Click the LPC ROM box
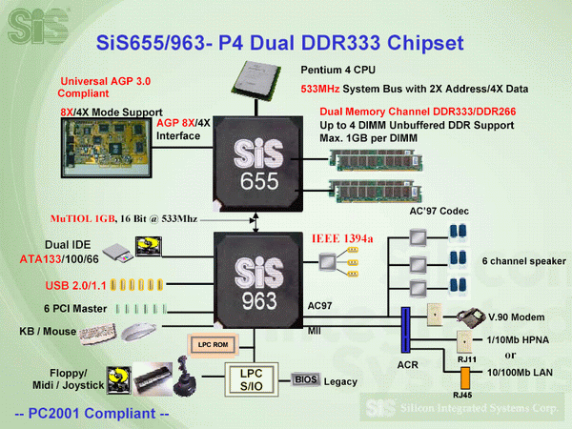pos(212,342)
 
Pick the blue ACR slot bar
pos(404,329)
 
